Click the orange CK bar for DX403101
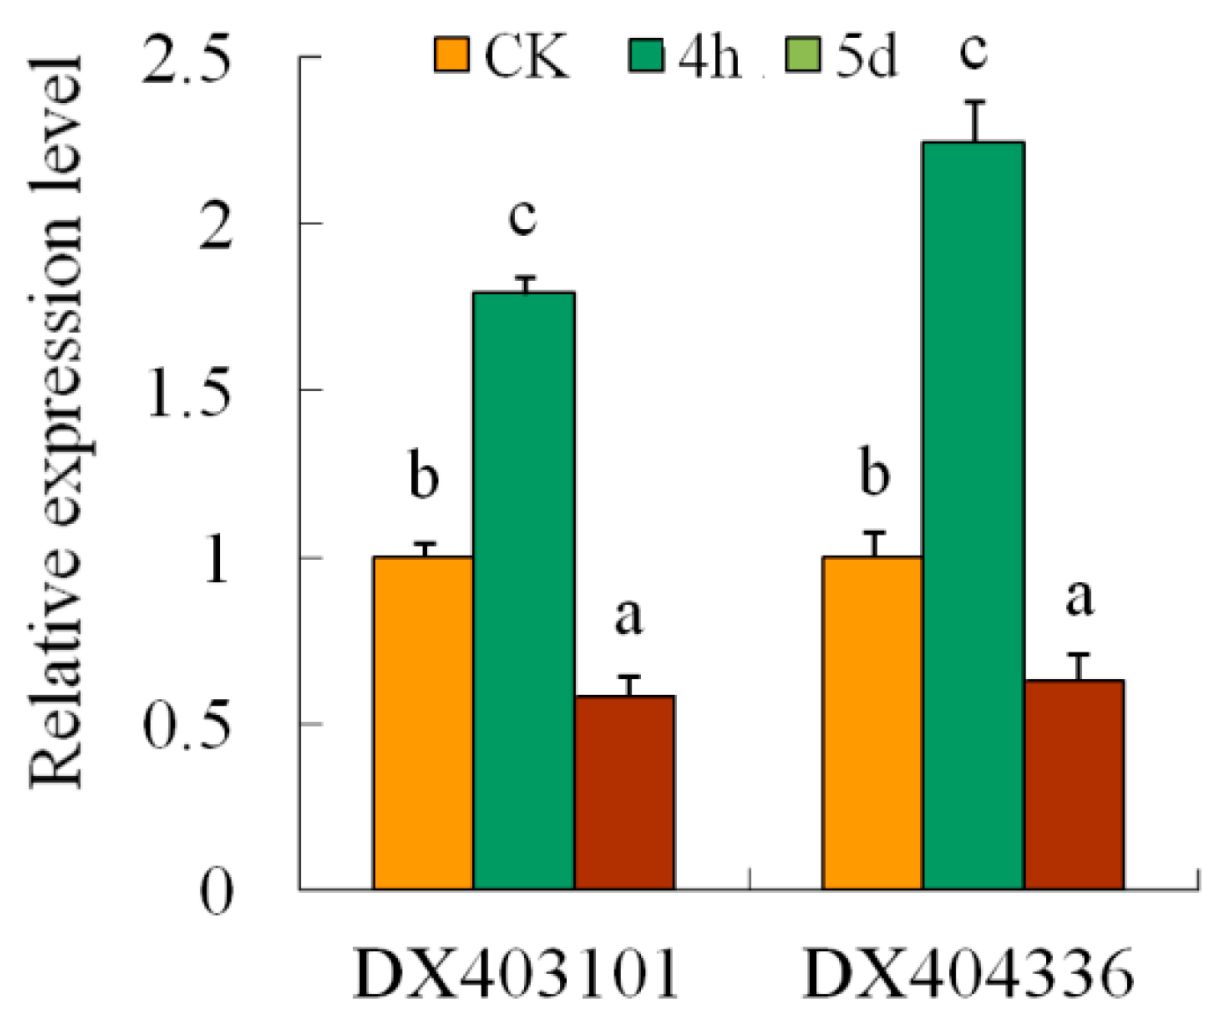click(423, 722)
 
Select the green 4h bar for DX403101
click(524, 590)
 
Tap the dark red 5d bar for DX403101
click(624, 793)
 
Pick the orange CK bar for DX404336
click(873, 722)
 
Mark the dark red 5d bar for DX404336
click(1074, 784)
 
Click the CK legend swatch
click(452, 55)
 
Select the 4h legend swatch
click(645, 55)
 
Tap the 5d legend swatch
click(801, 55)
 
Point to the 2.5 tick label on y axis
click(188, 60)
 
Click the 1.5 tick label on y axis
click(188, 392)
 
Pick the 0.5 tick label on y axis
click(188, 726)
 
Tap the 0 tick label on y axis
click(217, 891)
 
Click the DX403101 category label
click(518, 974)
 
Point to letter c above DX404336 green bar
click(973, 51)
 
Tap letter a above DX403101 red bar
click(628, 616)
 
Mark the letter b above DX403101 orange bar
click(424, 476)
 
